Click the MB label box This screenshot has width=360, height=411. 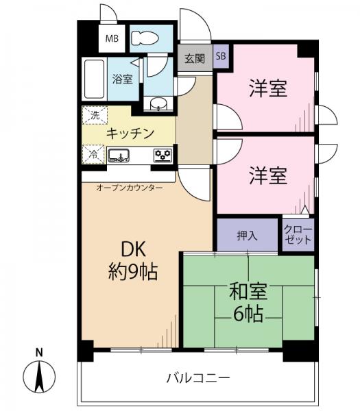pos(110,39)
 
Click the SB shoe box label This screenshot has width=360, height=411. pos(220,58)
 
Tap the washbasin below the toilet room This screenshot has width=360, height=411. pos(158,105)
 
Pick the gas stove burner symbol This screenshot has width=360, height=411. pos(163,155)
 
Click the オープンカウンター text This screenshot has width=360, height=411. pos(129,187)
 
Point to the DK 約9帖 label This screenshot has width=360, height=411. pos(132,260)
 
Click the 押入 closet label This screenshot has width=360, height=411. pos(247,236)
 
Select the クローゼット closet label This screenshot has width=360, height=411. pos(298,235)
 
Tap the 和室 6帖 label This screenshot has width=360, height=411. pos(248,303)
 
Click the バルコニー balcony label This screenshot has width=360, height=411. pos(198,377)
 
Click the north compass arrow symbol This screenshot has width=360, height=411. pos(39,376)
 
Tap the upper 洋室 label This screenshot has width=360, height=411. pos(267,88)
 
